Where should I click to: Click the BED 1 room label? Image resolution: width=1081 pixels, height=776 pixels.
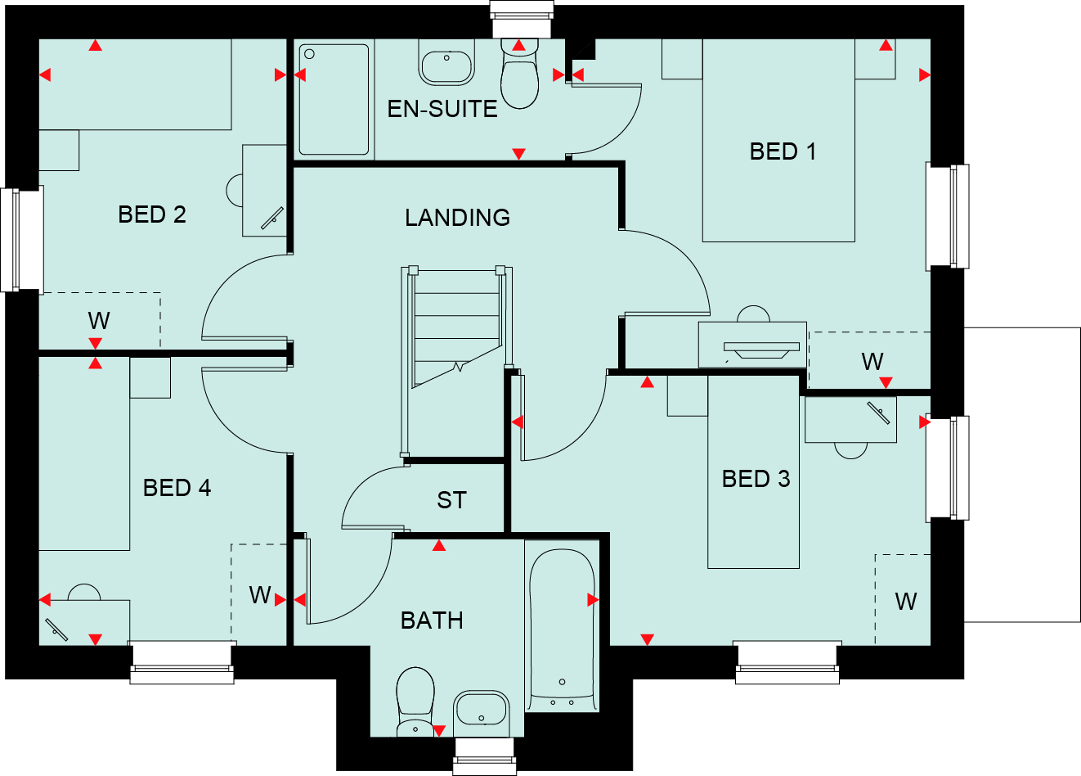pyautogui.click(x=783, y=151)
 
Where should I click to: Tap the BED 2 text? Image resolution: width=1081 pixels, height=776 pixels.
pyautogui.click(x=152, y=214)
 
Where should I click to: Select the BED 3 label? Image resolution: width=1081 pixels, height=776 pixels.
pyautogui.click(x=756, y=479)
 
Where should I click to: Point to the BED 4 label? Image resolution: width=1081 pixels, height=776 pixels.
pyautogui.click(x=177, y=488)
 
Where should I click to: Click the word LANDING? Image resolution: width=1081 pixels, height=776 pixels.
pyautogui.click(x=457, y=218)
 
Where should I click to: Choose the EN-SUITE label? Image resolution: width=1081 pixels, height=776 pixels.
pyautogui.click(x=442, y=109)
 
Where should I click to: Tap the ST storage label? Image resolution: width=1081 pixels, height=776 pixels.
pyautogui.click(x=451, y=500)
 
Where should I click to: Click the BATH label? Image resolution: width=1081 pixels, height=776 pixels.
pyautogui.click(x=432, y=620)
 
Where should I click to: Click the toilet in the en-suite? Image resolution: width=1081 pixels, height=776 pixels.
pyautogui.click(x=519, y=74)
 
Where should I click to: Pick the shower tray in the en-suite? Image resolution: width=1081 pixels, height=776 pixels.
pyautogui.click(x=334, y=100)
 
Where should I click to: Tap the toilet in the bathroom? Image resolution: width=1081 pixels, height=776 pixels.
pyautogui.click(x=415, y=702)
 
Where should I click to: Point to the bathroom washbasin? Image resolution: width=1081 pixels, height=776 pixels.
pyautogui.click(x=481, y=713)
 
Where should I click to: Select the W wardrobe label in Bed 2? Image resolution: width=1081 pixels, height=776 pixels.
pyautogui.click(x=99, y=320)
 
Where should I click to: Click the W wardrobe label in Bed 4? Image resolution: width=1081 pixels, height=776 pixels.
pyautogui.click(x=260, y=595)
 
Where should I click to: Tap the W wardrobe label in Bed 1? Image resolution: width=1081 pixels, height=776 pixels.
pyautogui.click(x=872, y=362)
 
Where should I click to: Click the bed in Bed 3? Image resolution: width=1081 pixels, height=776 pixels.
pyautogui.click(x=753, y=472)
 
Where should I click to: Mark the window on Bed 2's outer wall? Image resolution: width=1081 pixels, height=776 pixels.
pyautogui.click(x=22, y=240)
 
